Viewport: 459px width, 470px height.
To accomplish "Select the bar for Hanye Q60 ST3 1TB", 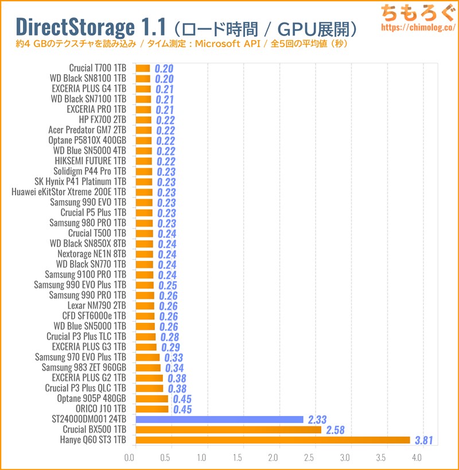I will tap(273, 440).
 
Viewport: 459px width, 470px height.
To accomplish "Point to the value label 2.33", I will tap(317, 420).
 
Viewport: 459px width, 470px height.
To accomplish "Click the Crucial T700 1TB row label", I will tap(98, 68).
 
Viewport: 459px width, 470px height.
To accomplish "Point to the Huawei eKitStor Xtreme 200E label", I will tap(69, 192).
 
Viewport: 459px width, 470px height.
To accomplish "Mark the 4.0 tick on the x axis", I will tap(417, 458).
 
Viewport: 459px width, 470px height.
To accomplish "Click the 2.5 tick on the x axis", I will tap(309, 458).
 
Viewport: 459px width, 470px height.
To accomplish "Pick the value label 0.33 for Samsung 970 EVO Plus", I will tap(174, 358).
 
